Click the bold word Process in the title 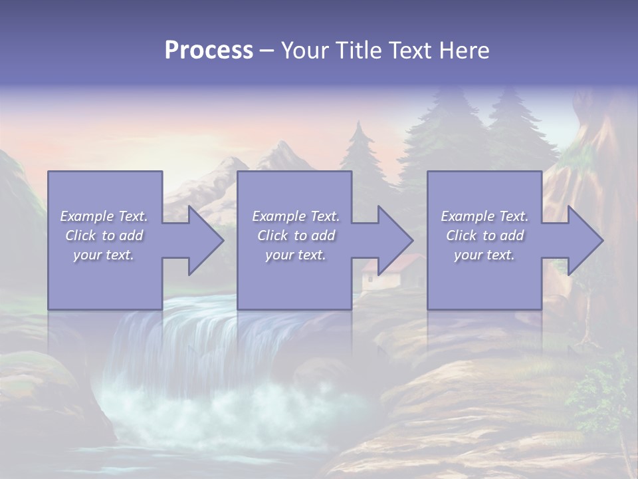pyautogui.click(x=209, y=51)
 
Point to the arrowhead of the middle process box pyautogui.click(x=394, y=240)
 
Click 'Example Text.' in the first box pyautogui.click(x=104, y=216)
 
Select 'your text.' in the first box pyautogui.click(x=104, y=255)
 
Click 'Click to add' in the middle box pyautogui.click(x=296, y=236)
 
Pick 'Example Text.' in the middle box pyautogui.click(x=296, y=216)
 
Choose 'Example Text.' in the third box pyautogui.click(x=484, y=216)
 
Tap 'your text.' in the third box pyautogui.click(x=484, y=255)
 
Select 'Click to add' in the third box pyautogui.click(x=484, y=236)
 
